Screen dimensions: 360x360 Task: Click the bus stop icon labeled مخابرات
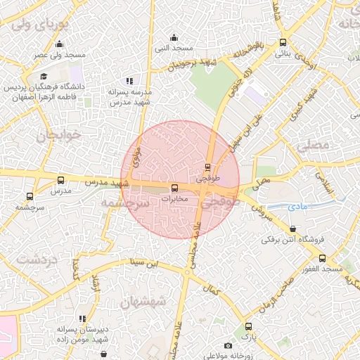pos(175,188)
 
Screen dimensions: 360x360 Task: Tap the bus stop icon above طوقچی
pos(207,167)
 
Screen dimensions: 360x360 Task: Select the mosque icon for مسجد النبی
pos(174,37)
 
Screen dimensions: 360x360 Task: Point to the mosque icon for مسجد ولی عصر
pos(59,43)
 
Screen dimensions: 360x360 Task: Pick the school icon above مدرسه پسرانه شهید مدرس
pos(128,81)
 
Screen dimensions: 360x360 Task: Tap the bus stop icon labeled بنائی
pos(283,42)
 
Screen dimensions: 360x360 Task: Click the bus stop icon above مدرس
pos(60,180)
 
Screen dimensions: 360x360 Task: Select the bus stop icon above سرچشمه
pos(30,197)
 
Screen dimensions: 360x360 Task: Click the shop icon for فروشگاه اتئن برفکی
pos(292,228)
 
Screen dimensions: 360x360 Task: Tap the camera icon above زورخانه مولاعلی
pos(227,345)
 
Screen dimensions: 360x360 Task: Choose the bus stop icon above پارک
pos(248,326)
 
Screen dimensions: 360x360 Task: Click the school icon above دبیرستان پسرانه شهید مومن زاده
pos(83,318)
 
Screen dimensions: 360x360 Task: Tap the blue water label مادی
pos(299,207)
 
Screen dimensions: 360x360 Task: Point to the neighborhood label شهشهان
pos(143,302)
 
